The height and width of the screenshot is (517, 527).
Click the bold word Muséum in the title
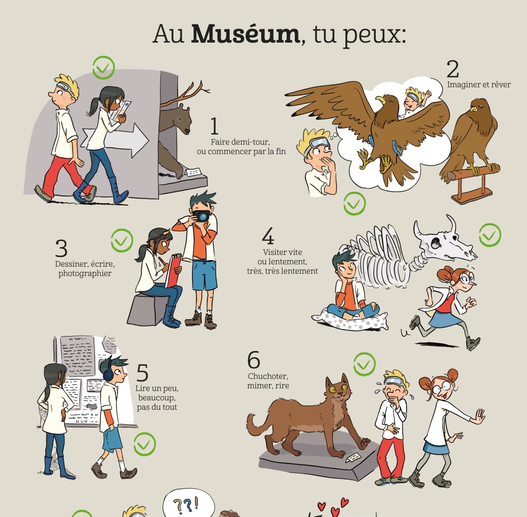pos(245,34)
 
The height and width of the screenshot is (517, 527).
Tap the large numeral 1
pos(214,126)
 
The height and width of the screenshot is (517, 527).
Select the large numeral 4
pos(268,236)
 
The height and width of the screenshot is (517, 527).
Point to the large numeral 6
pos(254,360)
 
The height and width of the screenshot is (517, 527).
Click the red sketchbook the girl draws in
pos(173,271)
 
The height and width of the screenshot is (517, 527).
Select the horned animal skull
pos(444,238)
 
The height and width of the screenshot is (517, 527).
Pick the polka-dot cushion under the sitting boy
pos(350,321)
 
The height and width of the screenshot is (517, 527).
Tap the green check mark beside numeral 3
pos(122,241)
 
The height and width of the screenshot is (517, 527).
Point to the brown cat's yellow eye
pos(333,390)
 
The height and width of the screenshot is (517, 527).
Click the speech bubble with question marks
pos(188,503)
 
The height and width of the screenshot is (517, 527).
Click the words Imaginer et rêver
pos(479,85)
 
